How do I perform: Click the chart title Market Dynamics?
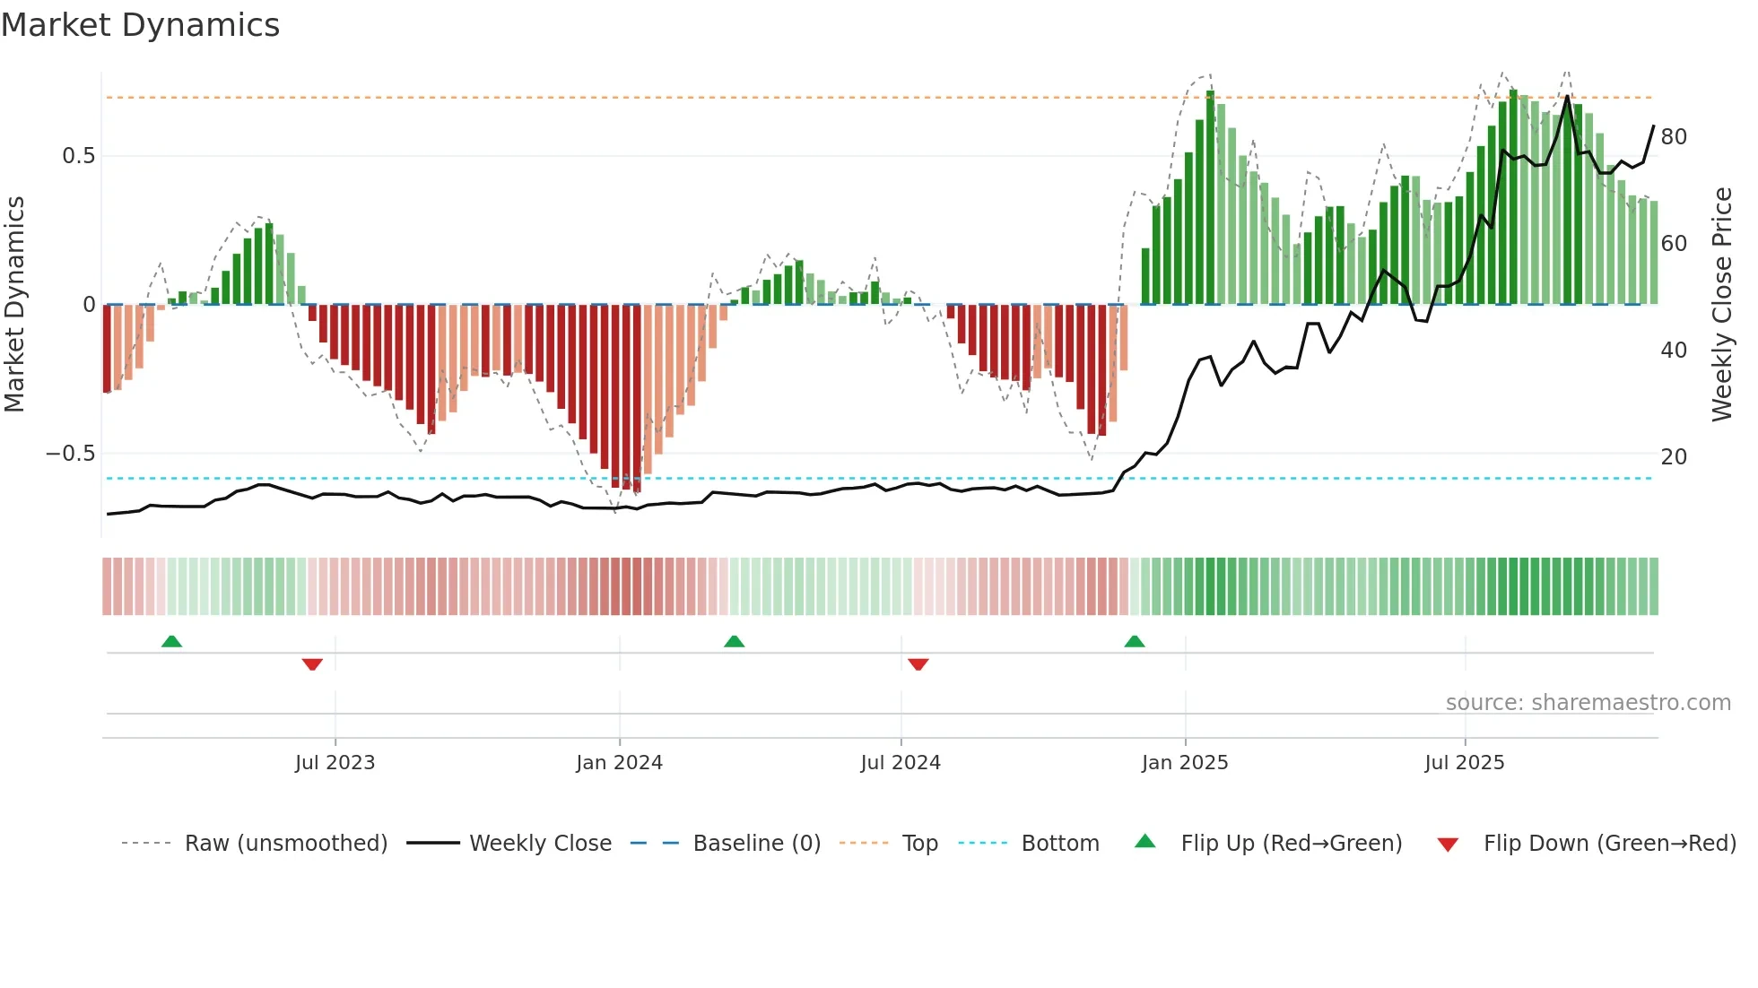140,25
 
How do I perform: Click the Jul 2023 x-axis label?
335,763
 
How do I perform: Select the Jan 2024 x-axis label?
619,763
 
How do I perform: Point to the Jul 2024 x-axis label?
901,763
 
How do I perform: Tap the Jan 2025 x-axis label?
1185,763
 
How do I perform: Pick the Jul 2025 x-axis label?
1465,763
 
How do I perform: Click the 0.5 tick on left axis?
78,156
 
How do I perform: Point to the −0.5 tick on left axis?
71,454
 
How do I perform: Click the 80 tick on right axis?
1674,137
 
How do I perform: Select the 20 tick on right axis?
1674,457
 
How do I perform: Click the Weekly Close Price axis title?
1722,305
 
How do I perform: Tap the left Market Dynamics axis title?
14,305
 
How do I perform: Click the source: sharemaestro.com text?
1588,703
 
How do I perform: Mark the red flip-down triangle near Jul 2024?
918,664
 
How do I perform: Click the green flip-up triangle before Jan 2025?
1134,641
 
